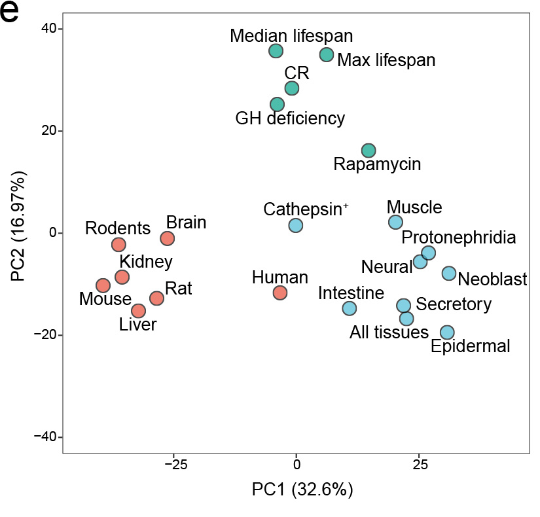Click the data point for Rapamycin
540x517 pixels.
click(x=369, y=151)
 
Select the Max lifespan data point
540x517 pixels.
click(x=327, y=54)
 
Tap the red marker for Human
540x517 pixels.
click(x=280, y=293)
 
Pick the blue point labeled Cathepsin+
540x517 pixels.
click(x=296, y=225)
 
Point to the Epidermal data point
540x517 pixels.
click(x=447, y=332)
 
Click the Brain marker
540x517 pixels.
click(x=168, y=238)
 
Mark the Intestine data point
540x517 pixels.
click(x=350, y=308)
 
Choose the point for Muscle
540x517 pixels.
click(x=395, y=222)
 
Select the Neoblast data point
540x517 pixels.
click(x=449, y=273)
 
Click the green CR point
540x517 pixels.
click(x=292, y=88)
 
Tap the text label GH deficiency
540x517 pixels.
click(x=290, y=119)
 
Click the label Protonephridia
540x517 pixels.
click(x=458, y=237)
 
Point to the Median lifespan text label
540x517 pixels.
click(x=291, y=35)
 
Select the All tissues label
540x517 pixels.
click(x=389, y=332)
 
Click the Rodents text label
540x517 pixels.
click(x=118, y=229)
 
